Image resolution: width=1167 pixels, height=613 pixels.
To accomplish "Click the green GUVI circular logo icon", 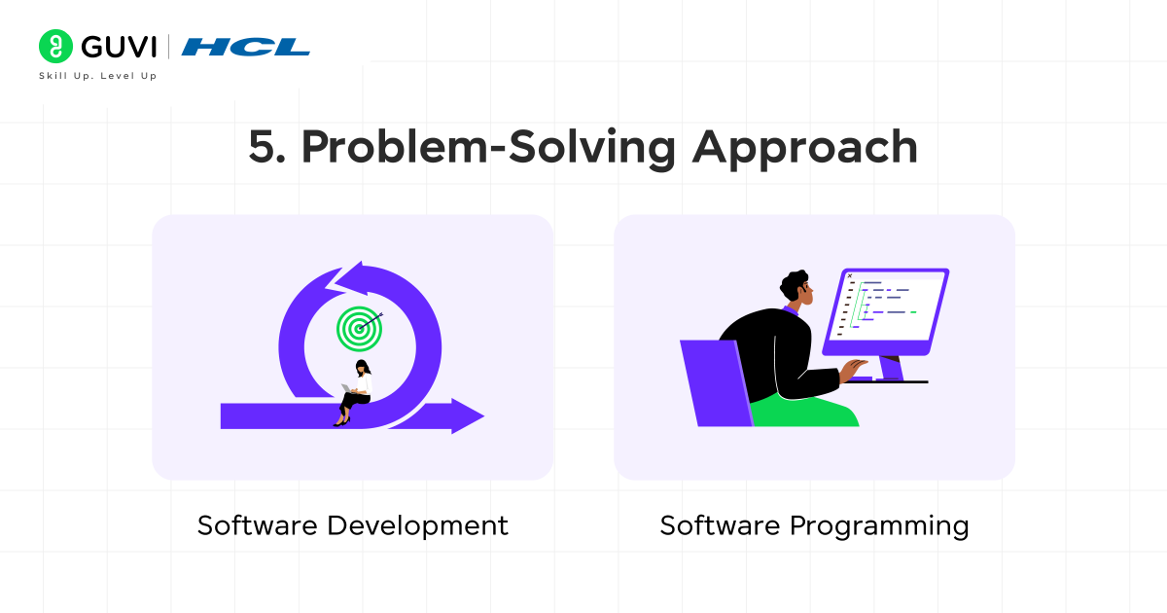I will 56,47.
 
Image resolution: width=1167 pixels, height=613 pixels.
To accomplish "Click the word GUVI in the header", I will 119,47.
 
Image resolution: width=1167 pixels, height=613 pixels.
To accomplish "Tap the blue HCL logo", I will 246,47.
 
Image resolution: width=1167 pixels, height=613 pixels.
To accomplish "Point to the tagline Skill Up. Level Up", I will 97,76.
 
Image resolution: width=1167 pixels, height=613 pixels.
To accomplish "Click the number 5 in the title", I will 262,147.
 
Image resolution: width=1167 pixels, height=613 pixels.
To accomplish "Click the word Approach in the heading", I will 804,147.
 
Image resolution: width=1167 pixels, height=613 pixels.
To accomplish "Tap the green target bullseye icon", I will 359,329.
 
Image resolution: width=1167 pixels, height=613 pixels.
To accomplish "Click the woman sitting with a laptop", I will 357,392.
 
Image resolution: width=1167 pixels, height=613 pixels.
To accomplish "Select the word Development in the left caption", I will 417,525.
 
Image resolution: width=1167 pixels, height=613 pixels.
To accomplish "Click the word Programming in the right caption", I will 879,526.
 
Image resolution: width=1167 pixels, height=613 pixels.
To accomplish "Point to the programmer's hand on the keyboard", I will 855,367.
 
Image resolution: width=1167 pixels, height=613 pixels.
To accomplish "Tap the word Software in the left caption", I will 258,525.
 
